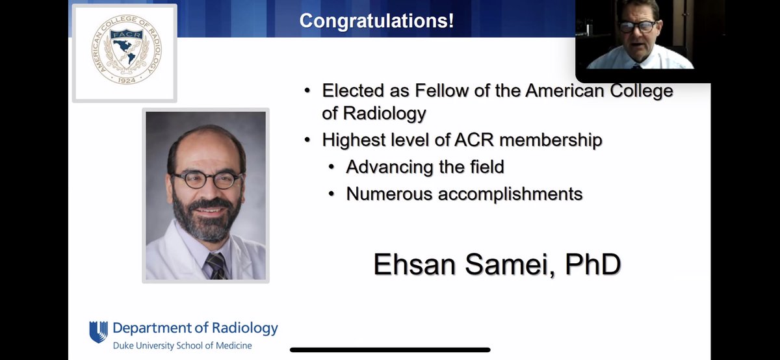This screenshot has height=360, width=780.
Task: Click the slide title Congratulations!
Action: [376, 20]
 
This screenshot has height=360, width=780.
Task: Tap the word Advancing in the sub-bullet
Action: [389, 166]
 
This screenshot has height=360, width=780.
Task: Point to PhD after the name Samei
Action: [591, 264]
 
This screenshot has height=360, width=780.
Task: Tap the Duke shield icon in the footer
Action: [98, 331]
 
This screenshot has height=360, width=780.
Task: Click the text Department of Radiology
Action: [195, 328]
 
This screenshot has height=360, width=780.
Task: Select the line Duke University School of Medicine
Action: [182, 345]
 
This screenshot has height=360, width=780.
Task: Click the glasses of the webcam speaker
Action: [637, 27]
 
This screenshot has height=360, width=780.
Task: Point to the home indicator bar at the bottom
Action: [390, 350]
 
